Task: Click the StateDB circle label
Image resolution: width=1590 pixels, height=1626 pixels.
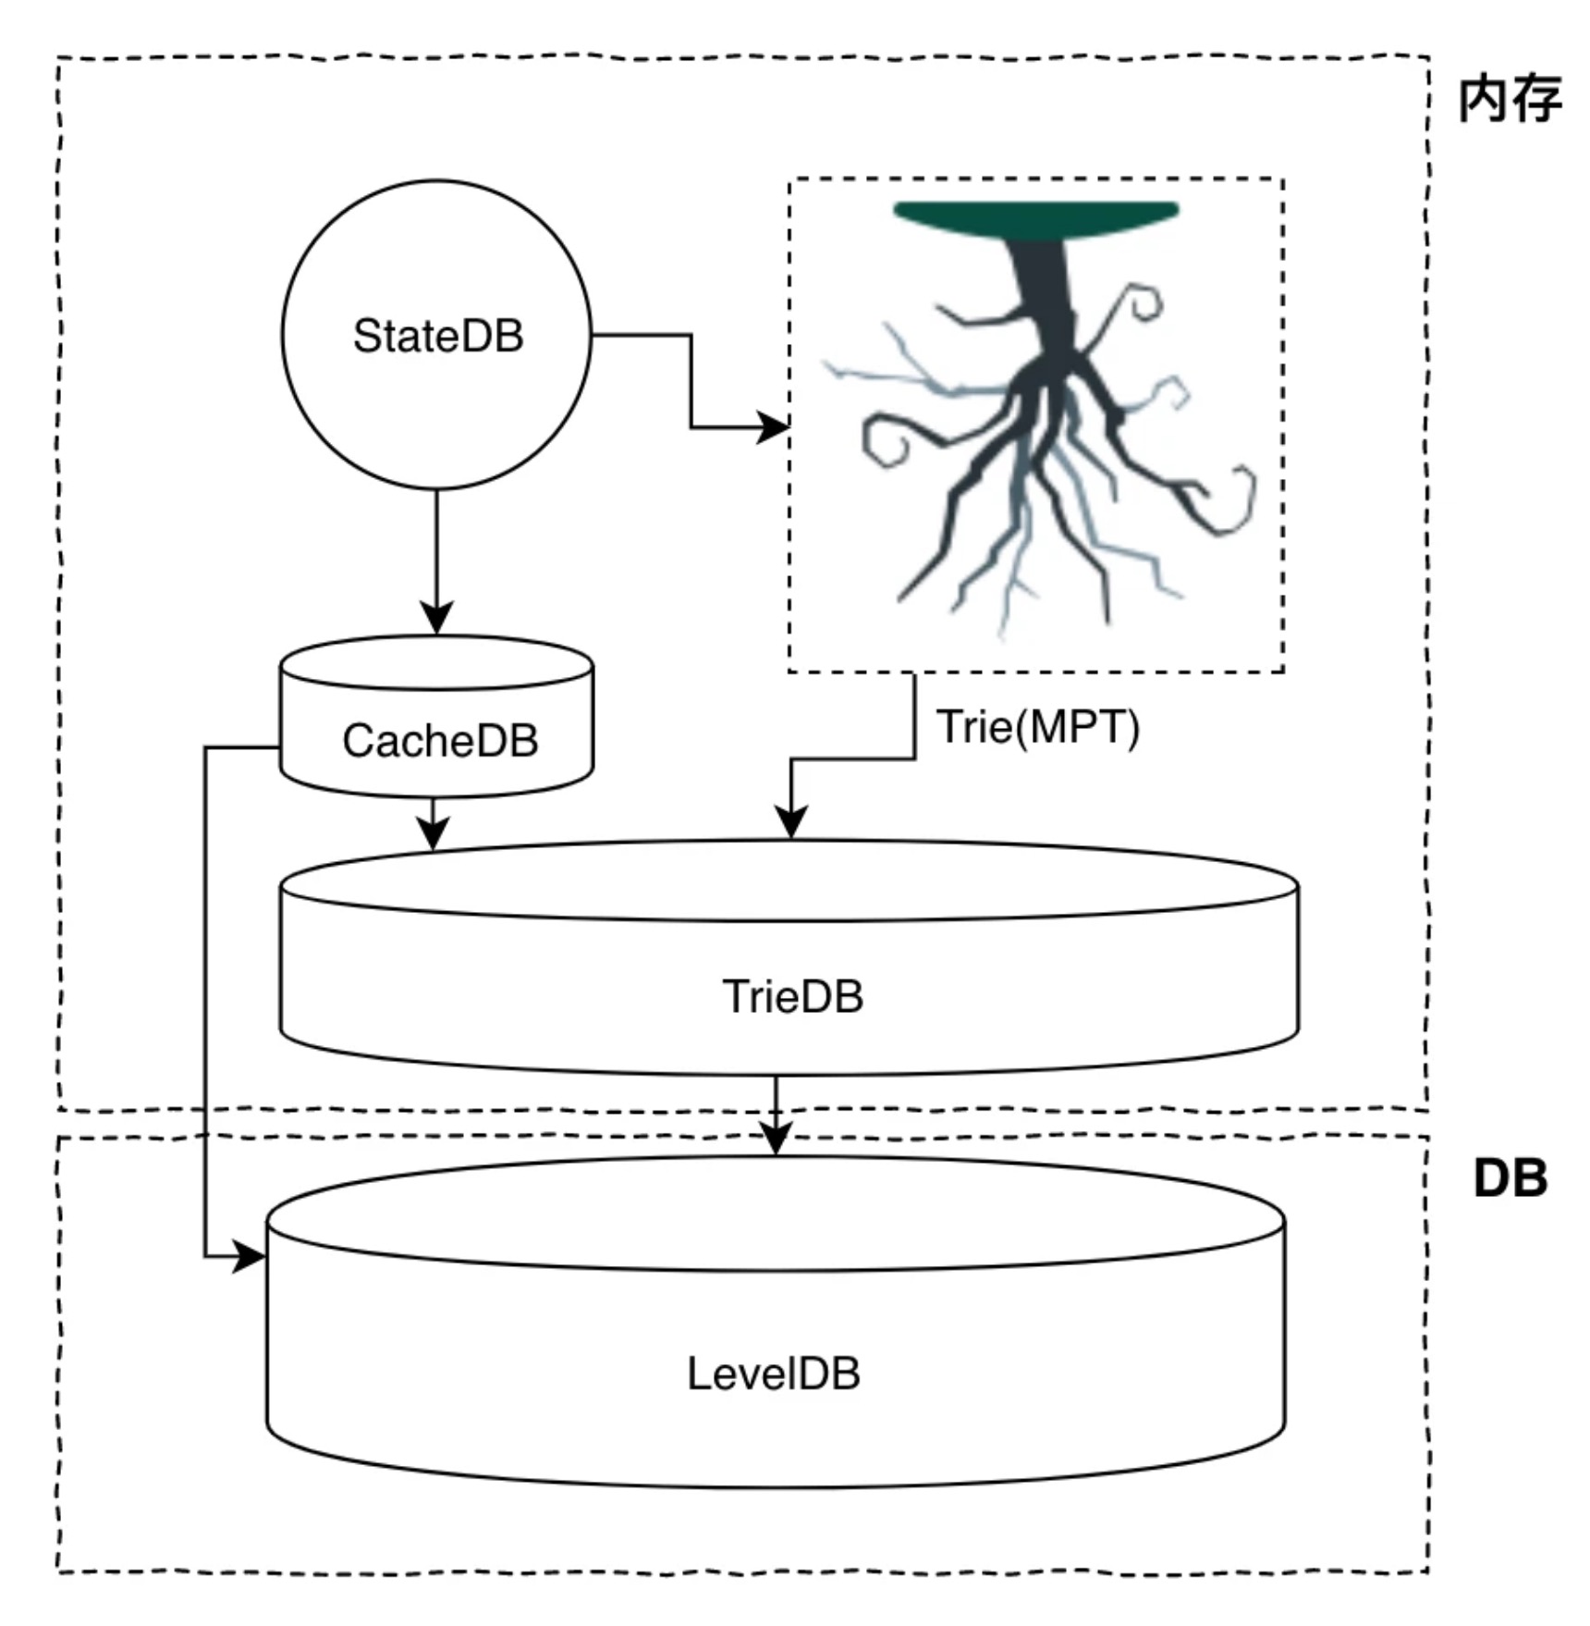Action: [438, 336]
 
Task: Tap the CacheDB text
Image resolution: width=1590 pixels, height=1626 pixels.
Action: [440, 741]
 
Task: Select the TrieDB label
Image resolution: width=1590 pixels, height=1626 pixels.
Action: [793, 997]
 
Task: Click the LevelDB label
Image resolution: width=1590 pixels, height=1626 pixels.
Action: [774, 1373]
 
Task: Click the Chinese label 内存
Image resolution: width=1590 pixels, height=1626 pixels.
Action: [1510, 99]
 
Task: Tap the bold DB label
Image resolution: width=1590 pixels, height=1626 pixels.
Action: [1510, 1178]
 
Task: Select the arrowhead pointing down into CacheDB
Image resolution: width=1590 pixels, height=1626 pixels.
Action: [436, 618]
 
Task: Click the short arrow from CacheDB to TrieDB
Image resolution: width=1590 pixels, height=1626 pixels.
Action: [433, 822]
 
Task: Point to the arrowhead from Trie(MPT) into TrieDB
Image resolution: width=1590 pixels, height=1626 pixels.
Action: [791, 822]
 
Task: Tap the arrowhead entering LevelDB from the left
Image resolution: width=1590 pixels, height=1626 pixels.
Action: [250, 1257]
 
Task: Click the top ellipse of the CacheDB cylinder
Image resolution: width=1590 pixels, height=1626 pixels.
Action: [436, 662]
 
